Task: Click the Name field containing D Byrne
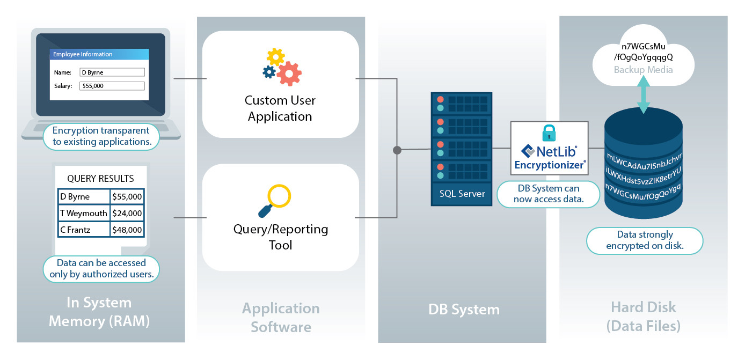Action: [x=112, y=72]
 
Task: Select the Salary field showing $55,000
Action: [x=112, y=86]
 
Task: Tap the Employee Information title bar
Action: [x=99, y=54]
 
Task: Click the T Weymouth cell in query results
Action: [x=84, y=213]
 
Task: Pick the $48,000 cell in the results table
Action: [x=127, y=230]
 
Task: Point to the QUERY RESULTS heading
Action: [x=100, y=179]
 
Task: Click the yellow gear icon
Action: [x=275, y=56]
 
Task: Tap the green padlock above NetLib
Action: [x=549, y=133]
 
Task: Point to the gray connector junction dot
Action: [x=397, y=150]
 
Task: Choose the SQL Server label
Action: [x=461, y=194]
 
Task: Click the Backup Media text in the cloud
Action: [x=643, y=70]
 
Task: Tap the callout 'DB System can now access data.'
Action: [x=548, y=194]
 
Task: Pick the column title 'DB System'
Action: [x=464, y=309]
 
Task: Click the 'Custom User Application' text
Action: [x=280, y=108]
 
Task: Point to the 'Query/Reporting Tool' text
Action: [x=280, y=237]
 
